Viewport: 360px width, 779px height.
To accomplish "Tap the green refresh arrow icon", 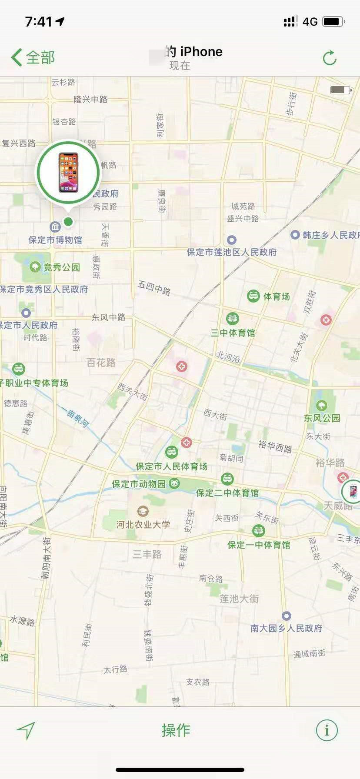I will click(330, 58).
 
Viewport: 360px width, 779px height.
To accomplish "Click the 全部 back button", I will click(33, 57).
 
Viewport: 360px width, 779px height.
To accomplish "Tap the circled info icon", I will click(327, 730).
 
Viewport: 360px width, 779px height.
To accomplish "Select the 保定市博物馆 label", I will click(55, 240).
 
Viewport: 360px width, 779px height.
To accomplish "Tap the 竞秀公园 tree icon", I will click(35, 266).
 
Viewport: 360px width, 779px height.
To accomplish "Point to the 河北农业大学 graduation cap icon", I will click(143, 511).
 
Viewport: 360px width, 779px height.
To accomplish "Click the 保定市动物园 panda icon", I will click(175, 483).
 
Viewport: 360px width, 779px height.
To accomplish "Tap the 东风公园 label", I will click(322, 418).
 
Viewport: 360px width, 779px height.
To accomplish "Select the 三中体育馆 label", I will click(233, 333).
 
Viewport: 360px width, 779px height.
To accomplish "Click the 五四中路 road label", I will click(154, 287).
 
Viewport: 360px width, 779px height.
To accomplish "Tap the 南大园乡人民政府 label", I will click(286, 628).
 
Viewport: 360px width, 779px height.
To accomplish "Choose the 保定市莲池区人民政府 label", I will click(232, 252).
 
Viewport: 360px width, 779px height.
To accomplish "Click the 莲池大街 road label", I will click(239, 599).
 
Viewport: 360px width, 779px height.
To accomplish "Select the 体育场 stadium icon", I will click(253, 296).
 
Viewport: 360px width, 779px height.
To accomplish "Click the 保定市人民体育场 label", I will click(172, 466).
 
